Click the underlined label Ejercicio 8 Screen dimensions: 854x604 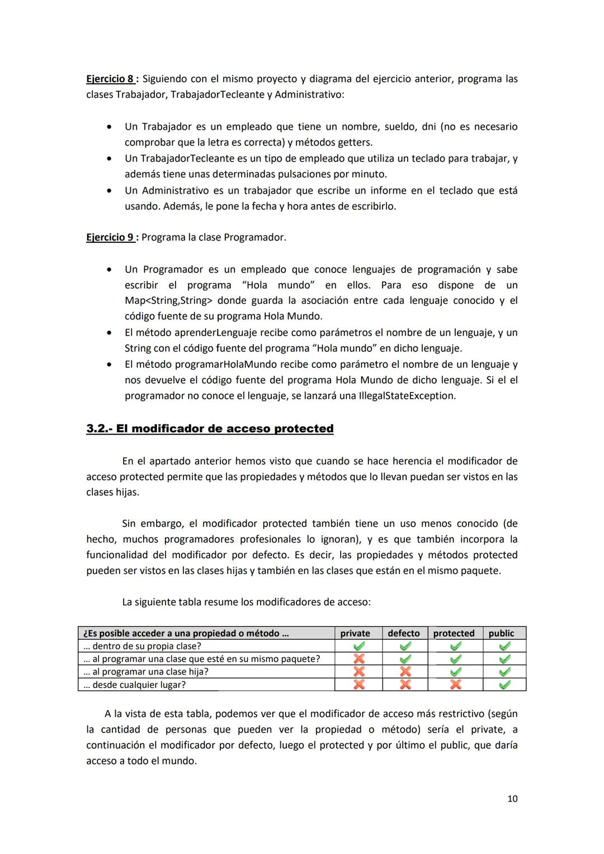click(x=110, y=79)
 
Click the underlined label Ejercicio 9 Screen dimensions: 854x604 click(x=110, y=237)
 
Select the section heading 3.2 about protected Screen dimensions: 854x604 click(x=210, y=429)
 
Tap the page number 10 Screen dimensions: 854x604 click(x=512, y=799)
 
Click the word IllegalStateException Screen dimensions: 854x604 click(x=407, y=396)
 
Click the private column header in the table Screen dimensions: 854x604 click(x=355, y=633)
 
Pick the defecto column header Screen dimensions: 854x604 click(x=404, y=633)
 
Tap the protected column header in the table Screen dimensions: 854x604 click(x=454, y=633)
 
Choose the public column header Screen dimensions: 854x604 click(x=501, y=633)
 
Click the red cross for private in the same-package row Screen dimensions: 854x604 click(x=359, y=659)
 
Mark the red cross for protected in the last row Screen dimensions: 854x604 click(x=456, y=685)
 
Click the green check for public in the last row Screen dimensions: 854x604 click(x=504, y=685)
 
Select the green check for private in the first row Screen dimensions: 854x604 click(x=359, y=646)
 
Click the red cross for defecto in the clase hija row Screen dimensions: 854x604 click(x=405, y=672)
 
